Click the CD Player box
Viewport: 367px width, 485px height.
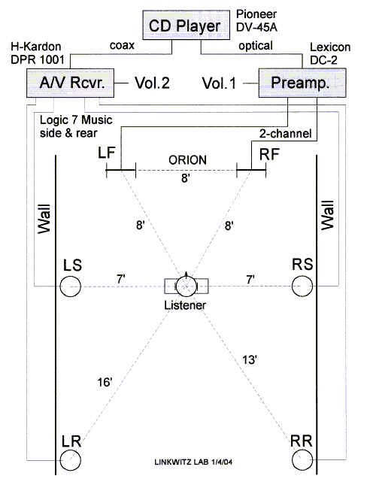coord(186,25)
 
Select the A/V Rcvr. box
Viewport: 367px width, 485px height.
coord(70,83)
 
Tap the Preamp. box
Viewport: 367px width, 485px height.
coord(302,83)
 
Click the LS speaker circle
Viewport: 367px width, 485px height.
coord(71,286)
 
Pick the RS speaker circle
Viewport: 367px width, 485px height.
coord(302,286)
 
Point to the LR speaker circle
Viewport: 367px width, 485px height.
coord(71,460)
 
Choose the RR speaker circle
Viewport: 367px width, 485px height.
coord(302,460)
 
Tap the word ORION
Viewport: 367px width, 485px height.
coord(187,160)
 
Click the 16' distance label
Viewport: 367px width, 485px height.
coord(105,382)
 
